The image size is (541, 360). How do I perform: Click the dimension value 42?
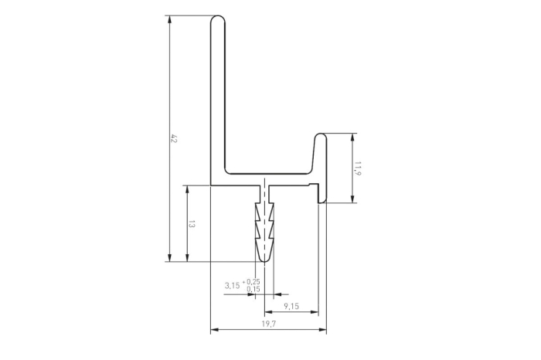click(174, 139)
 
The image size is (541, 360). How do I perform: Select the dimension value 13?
click(192, 224)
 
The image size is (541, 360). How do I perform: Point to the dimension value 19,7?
click(267, 324)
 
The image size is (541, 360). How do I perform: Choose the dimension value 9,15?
click(291, 307)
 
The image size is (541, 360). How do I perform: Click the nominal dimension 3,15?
click(232, 286)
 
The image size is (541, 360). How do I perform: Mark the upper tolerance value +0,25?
click(253, 282)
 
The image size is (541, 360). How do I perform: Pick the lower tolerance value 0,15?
click(253, 289)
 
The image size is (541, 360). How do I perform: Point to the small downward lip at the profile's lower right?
click(322, 199)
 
